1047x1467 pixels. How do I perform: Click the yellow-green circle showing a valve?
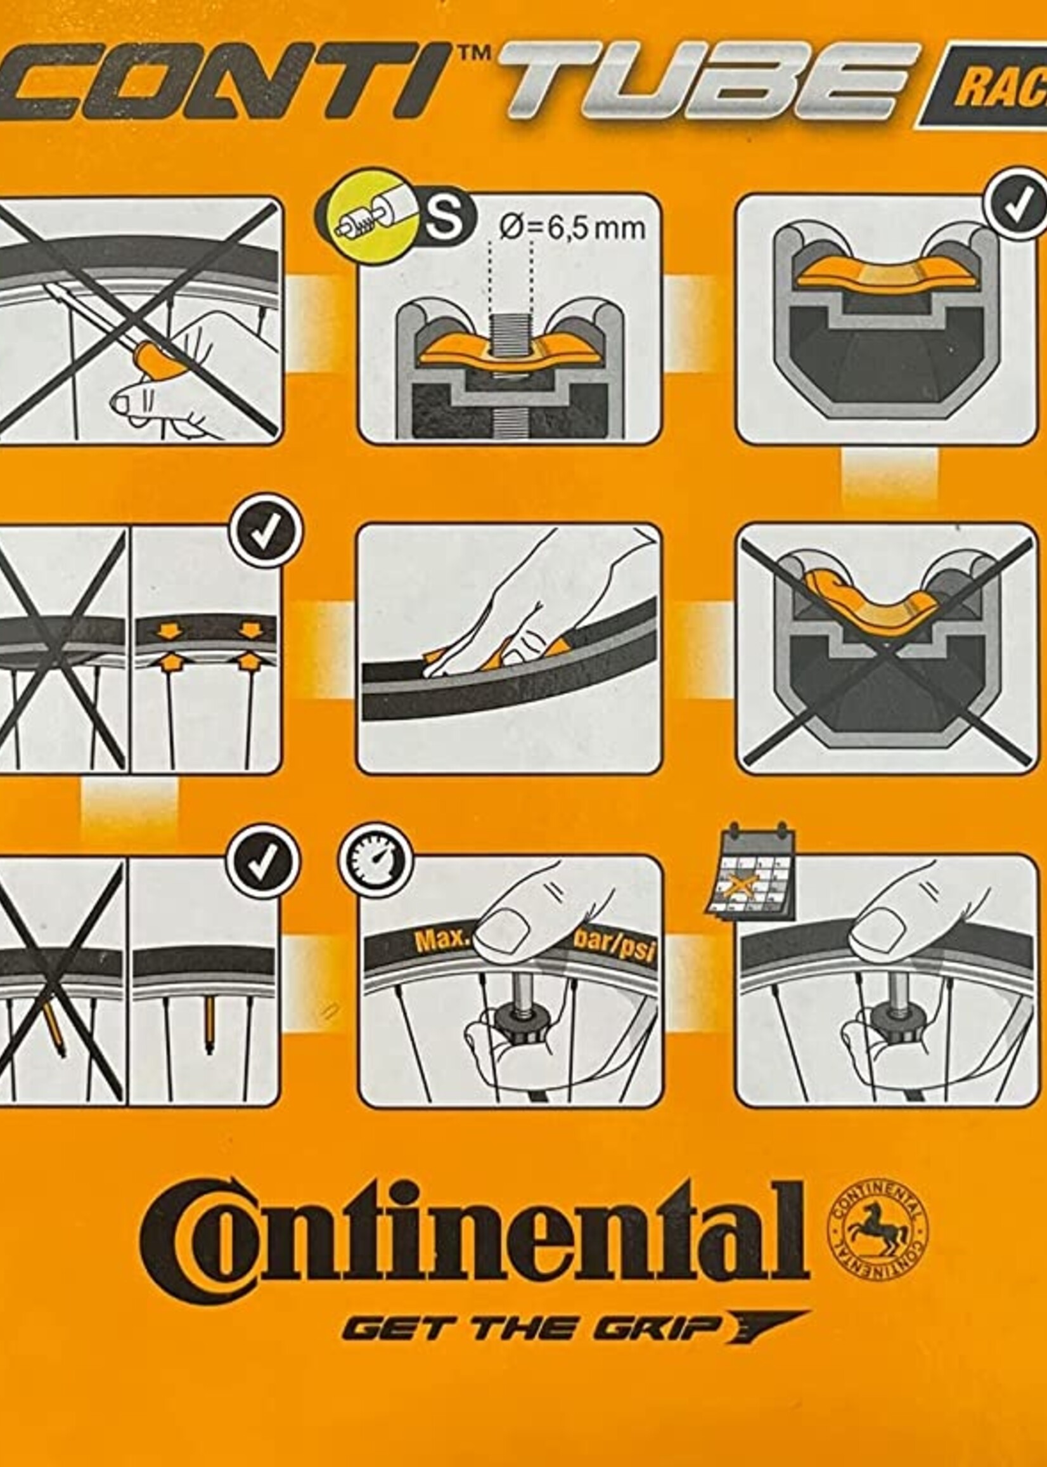(365, 216)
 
